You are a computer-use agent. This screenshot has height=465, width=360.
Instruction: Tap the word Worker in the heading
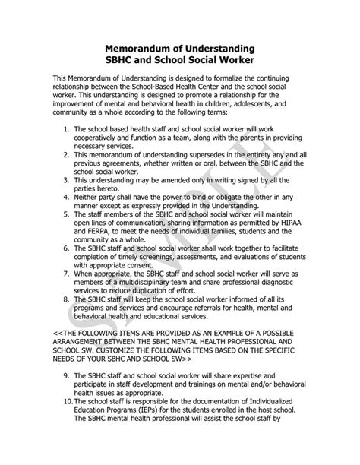point(229,60)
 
